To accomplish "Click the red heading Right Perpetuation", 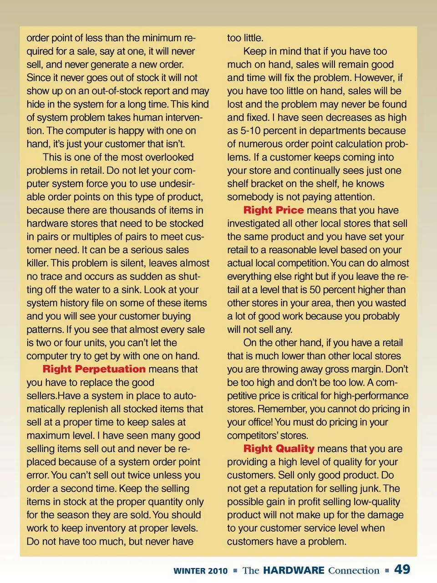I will click(x=94, y=369).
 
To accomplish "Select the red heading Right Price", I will click(x=273, y=210).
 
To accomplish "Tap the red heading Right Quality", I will click(x=279, y=449).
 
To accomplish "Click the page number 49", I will click(x=402, y=569).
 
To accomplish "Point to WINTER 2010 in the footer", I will click(x=200, y=571).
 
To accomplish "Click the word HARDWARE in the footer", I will click(x=294, y=570).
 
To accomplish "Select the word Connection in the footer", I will click(x=354, y=571).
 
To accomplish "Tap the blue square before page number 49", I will click(x=386, y=570).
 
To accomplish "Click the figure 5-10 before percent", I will click(x=250, y=131).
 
